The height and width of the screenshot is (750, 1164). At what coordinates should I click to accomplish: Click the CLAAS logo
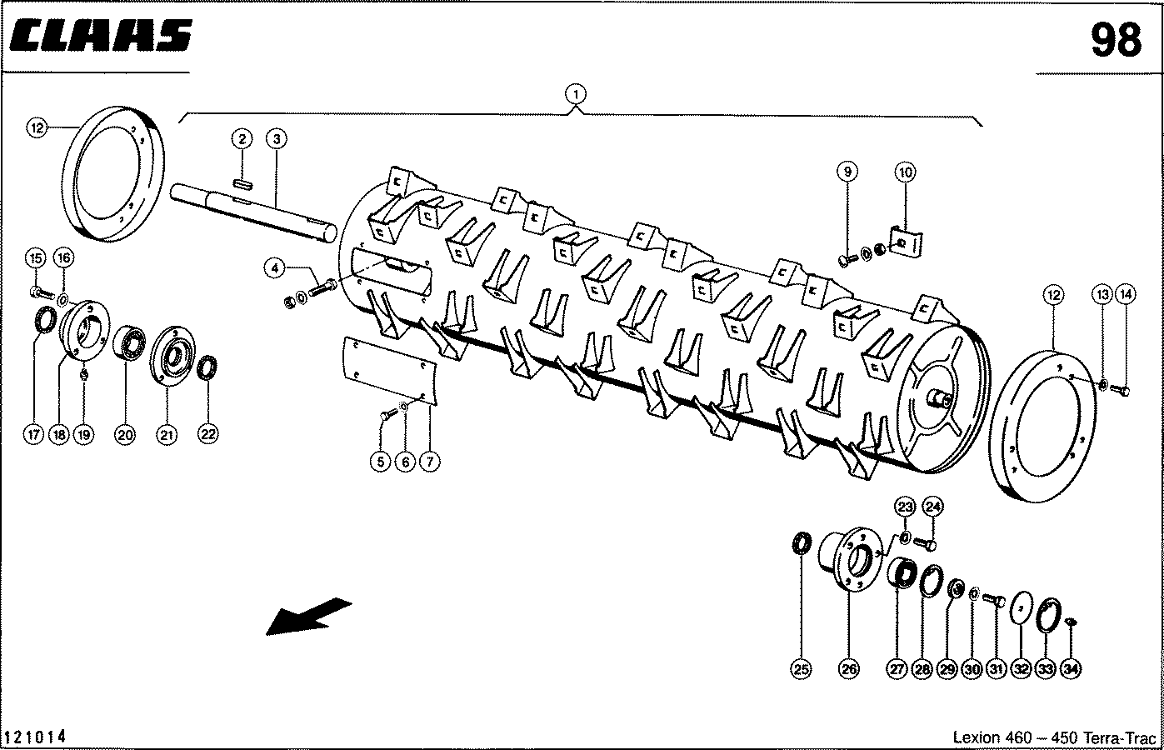coord(101,36)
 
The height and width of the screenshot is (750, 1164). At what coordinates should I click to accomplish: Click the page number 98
coord(1116,40)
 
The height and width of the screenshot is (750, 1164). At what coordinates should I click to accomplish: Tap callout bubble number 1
coord(575,95)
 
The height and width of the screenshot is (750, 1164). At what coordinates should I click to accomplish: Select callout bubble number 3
coord(277,139)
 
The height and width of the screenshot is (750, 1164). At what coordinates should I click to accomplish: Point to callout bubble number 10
coord(905,172)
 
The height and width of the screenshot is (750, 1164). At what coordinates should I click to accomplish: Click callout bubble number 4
coord(274,268)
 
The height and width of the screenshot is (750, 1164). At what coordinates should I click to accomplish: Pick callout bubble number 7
coord(430,461)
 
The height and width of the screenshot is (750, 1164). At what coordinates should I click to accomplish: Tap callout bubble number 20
coord(125,434)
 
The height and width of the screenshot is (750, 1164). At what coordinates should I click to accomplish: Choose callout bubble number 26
coord(848,668)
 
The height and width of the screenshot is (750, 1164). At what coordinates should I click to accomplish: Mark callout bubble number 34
coord(1071,669)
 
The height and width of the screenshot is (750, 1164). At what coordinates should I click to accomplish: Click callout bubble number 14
coord(1126,295)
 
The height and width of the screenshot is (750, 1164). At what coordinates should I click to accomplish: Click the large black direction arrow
coord(308,617)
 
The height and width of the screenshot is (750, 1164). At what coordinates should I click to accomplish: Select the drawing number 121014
coord(35,737)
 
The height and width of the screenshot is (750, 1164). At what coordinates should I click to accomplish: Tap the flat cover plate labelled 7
coord(389,370)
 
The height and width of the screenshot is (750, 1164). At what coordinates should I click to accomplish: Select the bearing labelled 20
coord(129,342)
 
